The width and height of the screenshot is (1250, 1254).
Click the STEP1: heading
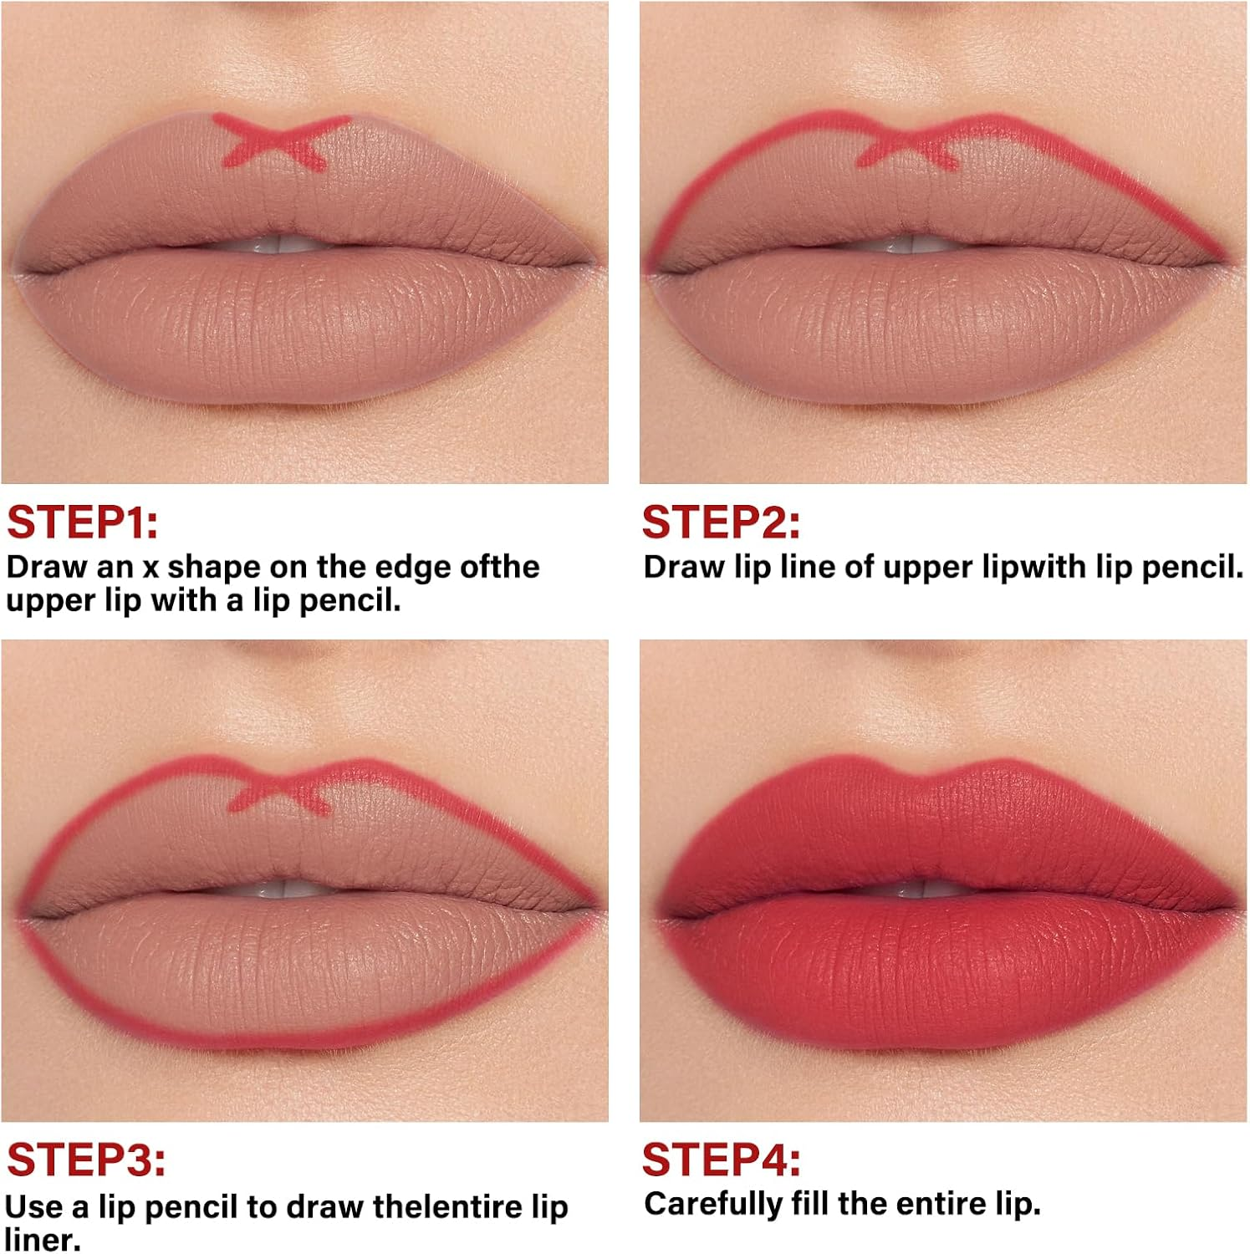[82, 522]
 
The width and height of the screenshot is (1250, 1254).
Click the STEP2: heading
[720, 522]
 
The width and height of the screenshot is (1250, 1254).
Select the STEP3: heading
[86, 1160]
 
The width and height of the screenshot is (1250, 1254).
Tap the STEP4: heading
[721, 1160]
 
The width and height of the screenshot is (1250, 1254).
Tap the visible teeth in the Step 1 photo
[284, 244]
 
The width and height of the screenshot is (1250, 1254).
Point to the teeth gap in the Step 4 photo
[924, 888]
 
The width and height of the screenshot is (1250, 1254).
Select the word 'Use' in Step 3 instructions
[33, 1207]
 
